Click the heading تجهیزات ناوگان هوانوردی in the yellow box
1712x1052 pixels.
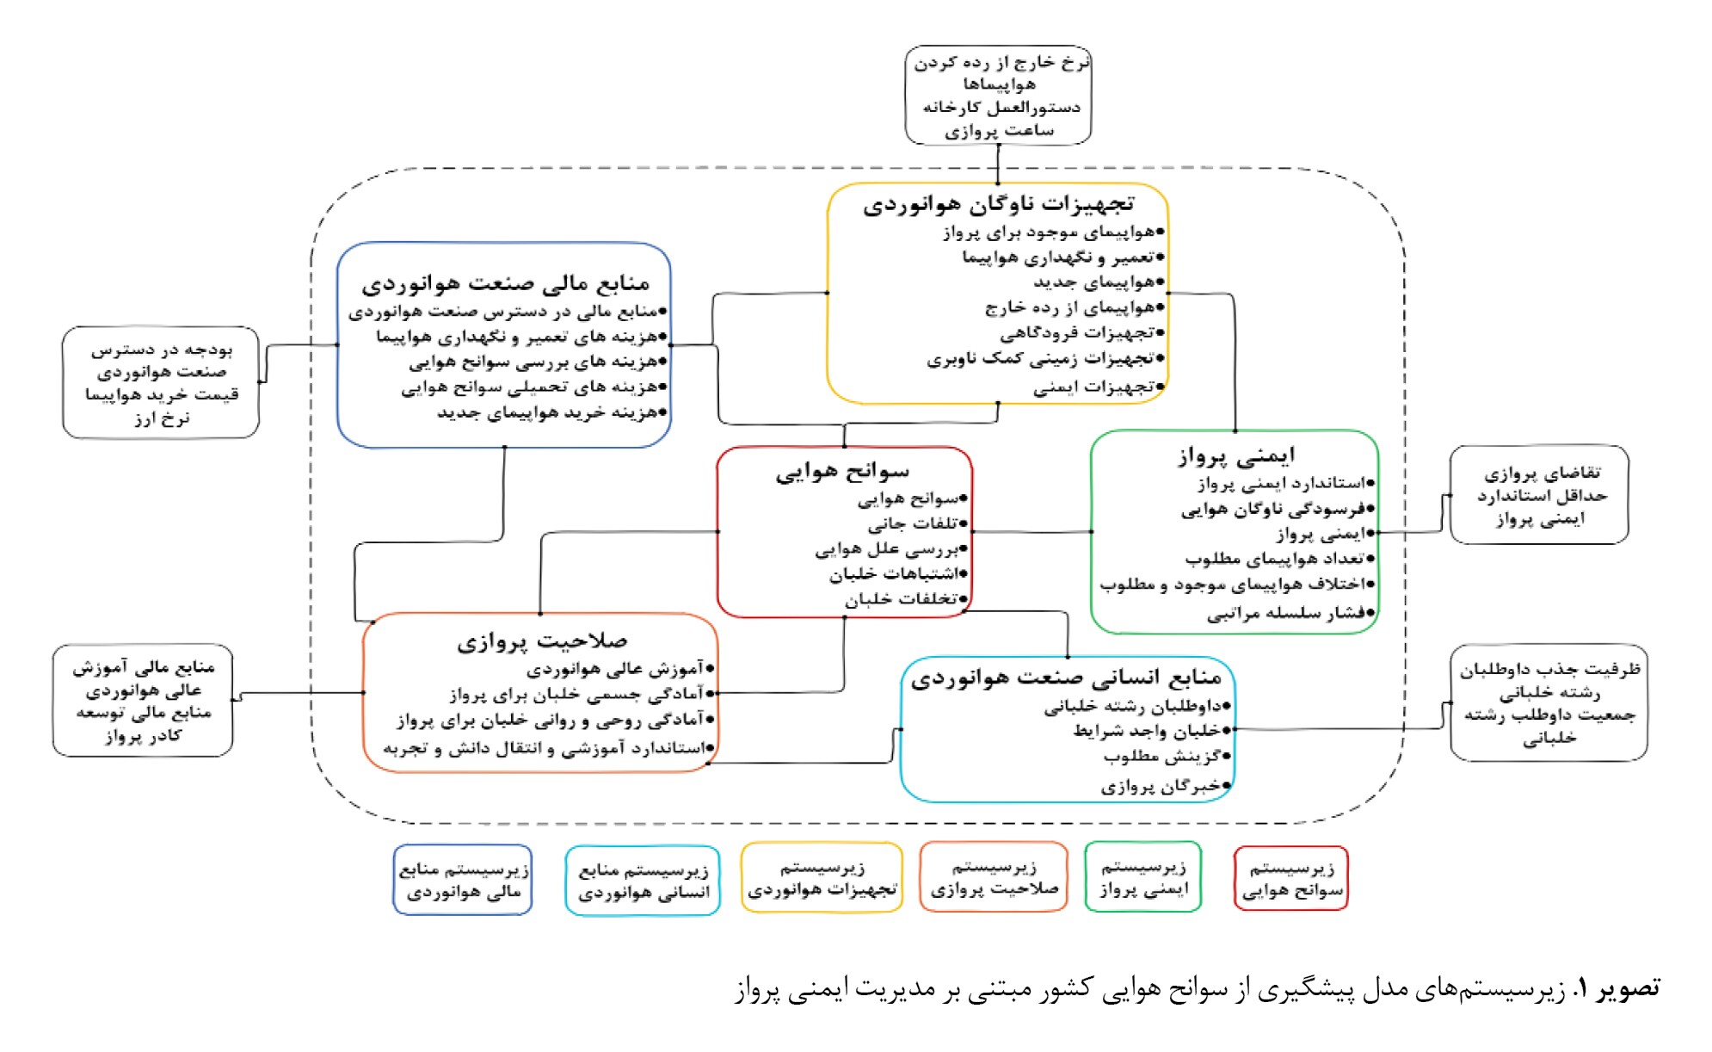coord(999,204)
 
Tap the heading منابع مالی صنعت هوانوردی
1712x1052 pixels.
coord(505,282)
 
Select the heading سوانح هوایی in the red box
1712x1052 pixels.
coord(842,471)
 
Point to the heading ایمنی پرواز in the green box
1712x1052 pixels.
coord(1236,455)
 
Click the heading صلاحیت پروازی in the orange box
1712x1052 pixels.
coord(542,640)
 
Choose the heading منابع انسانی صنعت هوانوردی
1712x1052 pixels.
coord(1066,678)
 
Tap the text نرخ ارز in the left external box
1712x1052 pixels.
coord(161,418)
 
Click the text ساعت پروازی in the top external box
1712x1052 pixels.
coord(999,131)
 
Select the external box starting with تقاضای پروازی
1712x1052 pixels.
coord(1539,495)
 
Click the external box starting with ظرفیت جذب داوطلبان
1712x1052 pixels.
coord(1549,702)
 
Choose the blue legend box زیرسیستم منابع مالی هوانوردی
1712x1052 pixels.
coord(463,880)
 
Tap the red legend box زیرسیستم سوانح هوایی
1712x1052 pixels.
coord(1290,878)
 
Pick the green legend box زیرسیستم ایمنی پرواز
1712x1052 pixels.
coord(1143,877)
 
